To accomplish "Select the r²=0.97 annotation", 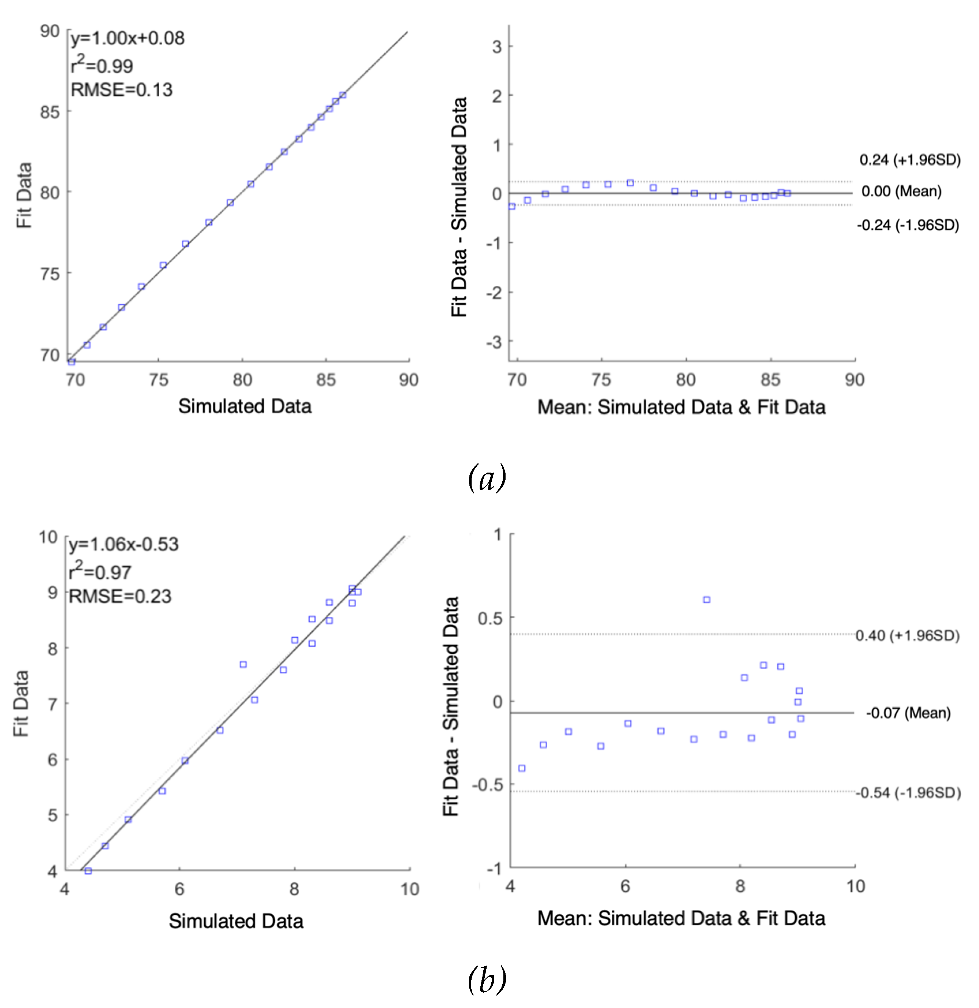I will click(x=100, y=572).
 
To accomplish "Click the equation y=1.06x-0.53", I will click(x=123, y=545).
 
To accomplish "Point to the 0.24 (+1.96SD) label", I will click(x=910, y=160).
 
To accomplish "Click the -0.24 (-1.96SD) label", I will click(x=907, y=226).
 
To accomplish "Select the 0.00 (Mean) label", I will click(x=901, y=192).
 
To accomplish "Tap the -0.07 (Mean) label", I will click(x=908, y=713).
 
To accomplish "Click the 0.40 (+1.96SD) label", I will click(x=907, y=636).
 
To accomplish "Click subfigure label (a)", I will click(x=487, y=478).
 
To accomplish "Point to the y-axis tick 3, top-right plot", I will click(x=496, y=47).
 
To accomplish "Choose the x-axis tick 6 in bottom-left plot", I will click(x=179, y=888).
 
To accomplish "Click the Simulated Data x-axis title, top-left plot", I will click(x=245, y=406).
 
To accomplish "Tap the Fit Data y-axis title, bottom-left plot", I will click(x=20, y=704).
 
